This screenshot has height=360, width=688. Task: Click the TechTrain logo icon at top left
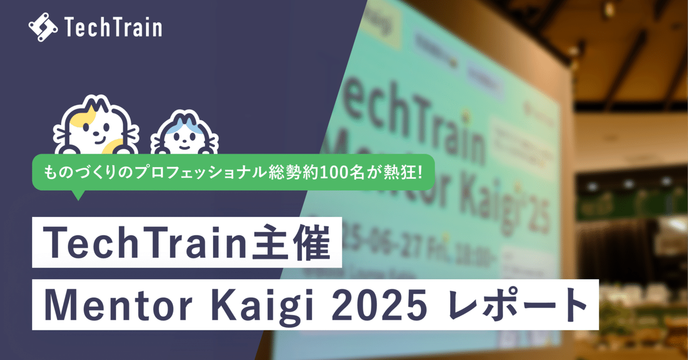[x=43, y=27]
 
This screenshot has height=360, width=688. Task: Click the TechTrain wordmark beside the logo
[x=113, y=27]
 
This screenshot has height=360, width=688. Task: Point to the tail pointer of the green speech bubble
[x=78, y=195]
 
